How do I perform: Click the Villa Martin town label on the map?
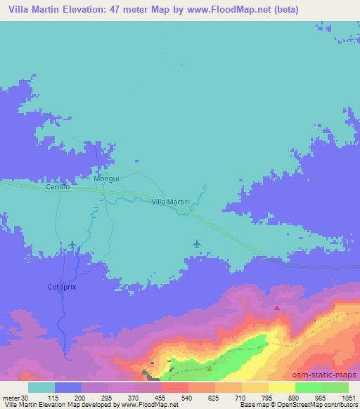[170, 202]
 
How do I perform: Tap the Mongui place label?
[106, 178]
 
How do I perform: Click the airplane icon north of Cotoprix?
[72, 245]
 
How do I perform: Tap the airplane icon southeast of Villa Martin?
[196, 245]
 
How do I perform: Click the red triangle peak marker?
[277, 307]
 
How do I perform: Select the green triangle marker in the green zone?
[209, 368]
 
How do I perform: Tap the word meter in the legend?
[10, 398]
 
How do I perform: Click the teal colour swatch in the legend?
[41, 387]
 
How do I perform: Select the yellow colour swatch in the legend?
[281, 387]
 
